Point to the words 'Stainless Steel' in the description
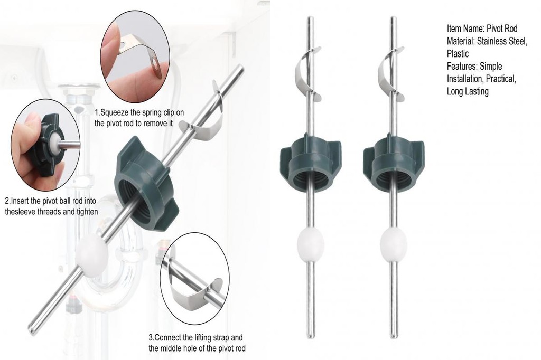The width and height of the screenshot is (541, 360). pos(502,41)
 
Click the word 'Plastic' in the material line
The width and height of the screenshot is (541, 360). pos(459,53)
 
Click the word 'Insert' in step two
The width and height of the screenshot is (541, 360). pos(22,201)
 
